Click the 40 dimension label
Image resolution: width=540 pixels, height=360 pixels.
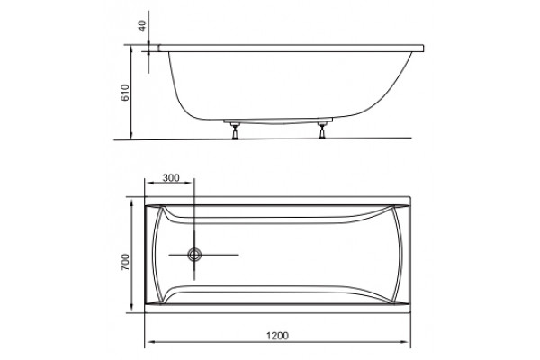[x=143, y=25]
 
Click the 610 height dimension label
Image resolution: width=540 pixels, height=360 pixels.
[x=125, y=93]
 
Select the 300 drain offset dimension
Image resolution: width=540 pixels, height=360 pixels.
[x=171, y=178]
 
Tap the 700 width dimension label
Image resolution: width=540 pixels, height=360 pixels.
[x=125, y=262]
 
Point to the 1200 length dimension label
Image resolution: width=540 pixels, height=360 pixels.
[x=277, y=335]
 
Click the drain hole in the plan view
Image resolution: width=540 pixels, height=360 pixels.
[x=194, y=255]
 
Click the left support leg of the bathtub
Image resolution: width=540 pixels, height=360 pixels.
[x=235, y=130]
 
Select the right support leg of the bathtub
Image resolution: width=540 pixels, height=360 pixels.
[x=322, y=130]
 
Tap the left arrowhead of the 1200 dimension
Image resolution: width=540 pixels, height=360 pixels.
[x=149, y=342]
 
